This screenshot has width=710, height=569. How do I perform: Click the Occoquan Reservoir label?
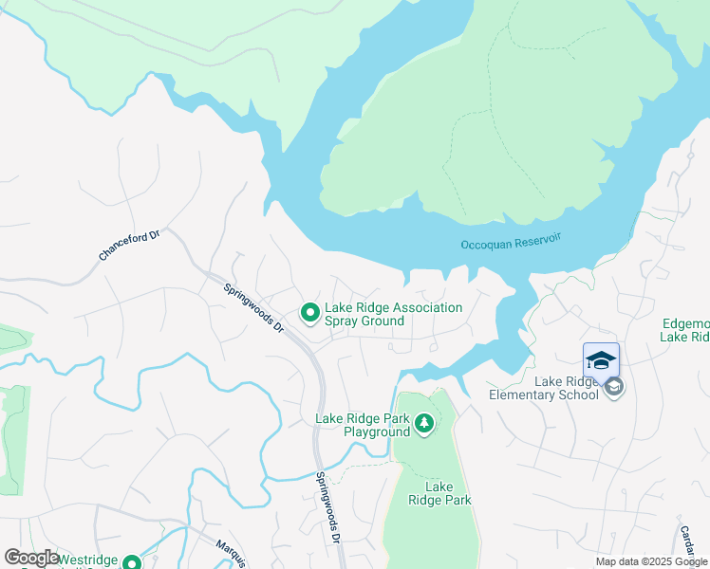pos(511,244)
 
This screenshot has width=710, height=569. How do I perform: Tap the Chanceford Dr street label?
pos(130,244)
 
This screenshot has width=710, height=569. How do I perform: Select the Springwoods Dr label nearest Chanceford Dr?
pos(254,307)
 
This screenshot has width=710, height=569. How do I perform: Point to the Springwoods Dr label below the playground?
pos(328,506)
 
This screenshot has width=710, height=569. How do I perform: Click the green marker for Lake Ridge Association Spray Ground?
pos(309,312)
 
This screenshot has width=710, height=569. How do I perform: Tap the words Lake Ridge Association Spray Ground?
pos(393,314)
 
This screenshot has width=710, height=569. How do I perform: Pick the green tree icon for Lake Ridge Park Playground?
pos(423,424)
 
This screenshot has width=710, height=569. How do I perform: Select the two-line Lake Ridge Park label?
pos(439,493)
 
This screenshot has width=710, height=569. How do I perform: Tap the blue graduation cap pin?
pos(600,361)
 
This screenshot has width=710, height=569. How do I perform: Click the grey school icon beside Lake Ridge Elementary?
pos(614,387)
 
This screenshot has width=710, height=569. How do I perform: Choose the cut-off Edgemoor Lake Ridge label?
pos(684,330)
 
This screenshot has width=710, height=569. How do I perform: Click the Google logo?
pos(31,558)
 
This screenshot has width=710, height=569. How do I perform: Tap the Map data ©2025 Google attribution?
pos(650,561)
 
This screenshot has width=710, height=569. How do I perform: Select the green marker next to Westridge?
pos(133,560)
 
